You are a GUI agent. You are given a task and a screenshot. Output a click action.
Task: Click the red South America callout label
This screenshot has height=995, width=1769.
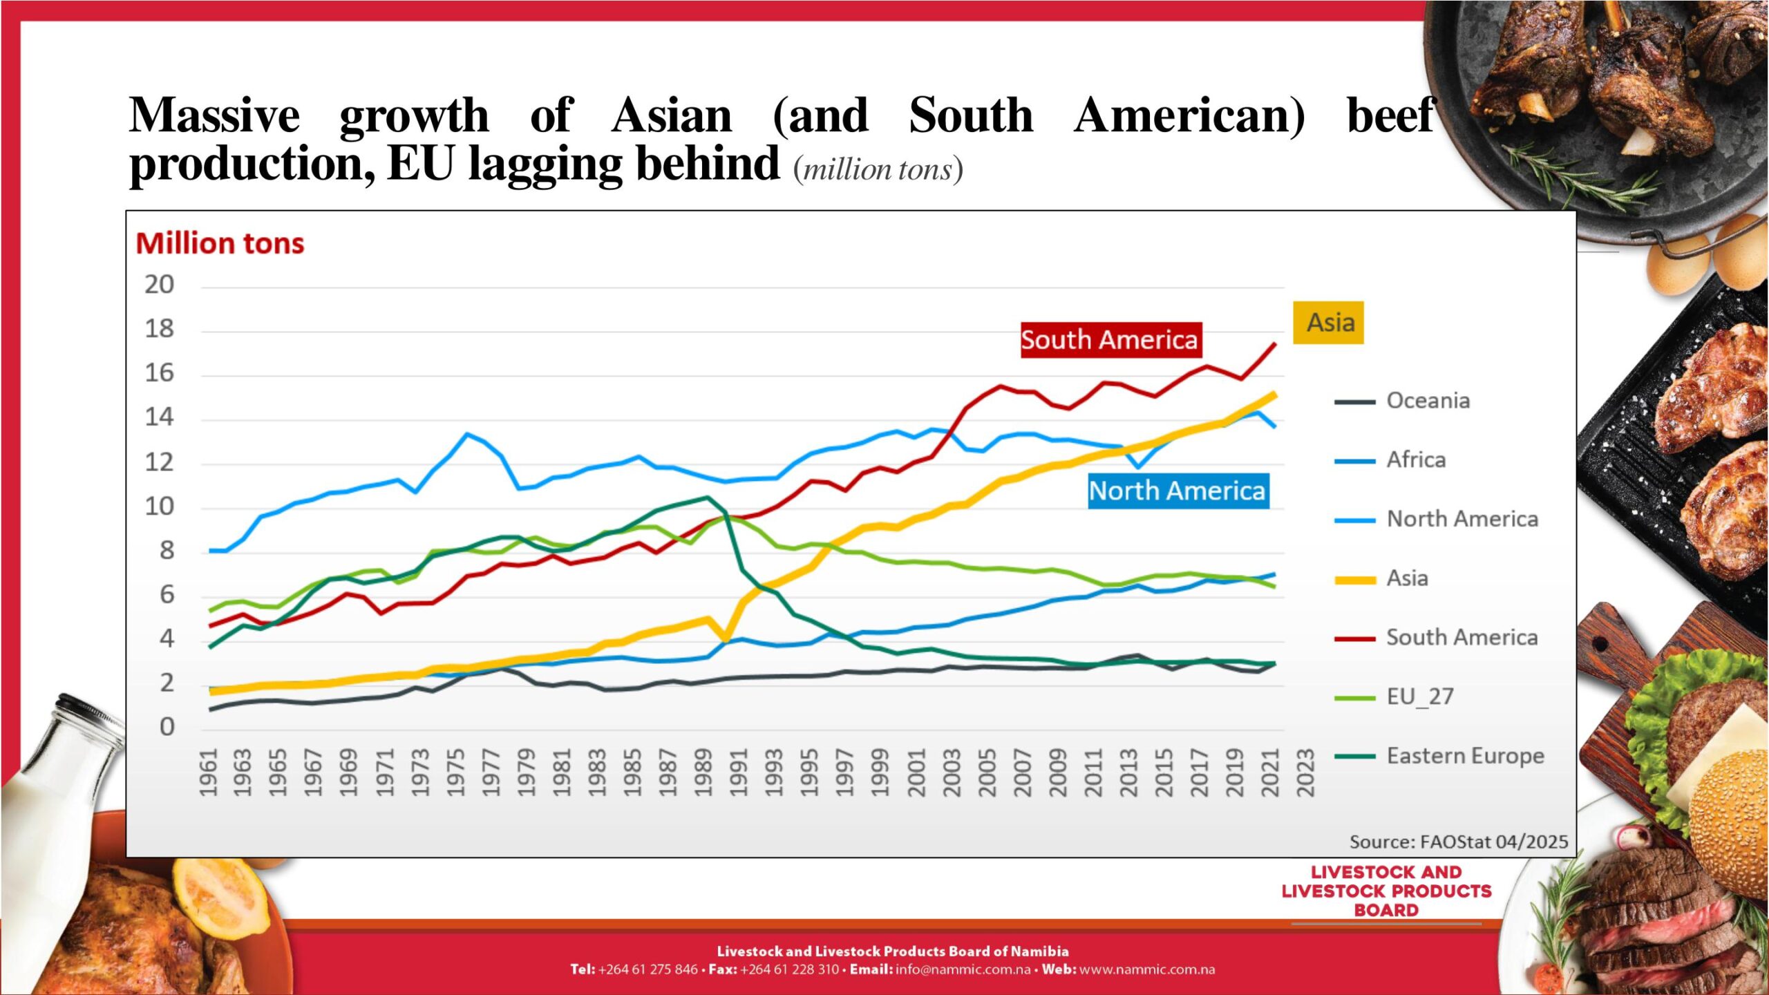click(x=1110, y=340)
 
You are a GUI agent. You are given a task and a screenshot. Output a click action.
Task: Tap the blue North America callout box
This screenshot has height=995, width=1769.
click(x=1177, y=491)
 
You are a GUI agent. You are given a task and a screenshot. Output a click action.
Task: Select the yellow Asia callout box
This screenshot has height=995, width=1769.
click(x=1328, y=323)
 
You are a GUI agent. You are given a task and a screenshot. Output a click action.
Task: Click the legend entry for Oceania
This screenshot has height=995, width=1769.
click(x=1428, y=401)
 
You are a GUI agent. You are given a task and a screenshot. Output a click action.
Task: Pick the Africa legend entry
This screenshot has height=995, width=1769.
click(x=1415, y=460)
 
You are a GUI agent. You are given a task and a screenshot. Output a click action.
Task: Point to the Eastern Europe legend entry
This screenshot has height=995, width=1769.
click(x=1464, y=756)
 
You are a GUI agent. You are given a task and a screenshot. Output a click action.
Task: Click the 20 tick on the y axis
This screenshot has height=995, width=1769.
click(x=159, y=285)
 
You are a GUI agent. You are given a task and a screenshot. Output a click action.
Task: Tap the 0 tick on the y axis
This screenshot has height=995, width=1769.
click(x=167, y=727)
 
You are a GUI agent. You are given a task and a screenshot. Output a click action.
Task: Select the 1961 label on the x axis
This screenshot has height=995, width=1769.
click(x=208, y=772)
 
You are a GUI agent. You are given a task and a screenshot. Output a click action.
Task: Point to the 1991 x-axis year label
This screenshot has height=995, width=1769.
click(x=739, y=772)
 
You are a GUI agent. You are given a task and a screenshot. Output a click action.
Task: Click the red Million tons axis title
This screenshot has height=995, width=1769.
click(x=220, y=244)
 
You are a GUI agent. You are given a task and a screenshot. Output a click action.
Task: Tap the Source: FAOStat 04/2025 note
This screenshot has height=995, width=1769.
click(x=1458, y=842)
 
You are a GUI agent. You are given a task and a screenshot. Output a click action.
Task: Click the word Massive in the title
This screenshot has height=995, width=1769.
click(x=214, y=115)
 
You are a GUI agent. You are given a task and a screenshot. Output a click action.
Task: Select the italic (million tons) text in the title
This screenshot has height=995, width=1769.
click(x=878, y=170)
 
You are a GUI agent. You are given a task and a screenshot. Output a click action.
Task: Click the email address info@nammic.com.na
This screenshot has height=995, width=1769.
click(x=963, y=969)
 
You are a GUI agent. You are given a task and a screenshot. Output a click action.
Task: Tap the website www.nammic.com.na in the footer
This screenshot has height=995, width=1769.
click(x=1146, y=969)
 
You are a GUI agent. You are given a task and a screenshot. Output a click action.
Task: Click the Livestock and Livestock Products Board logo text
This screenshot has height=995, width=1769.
click(x=1386, y=891)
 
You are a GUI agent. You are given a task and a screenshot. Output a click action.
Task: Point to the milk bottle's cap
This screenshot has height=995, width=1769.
click(x=90, y=712)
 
